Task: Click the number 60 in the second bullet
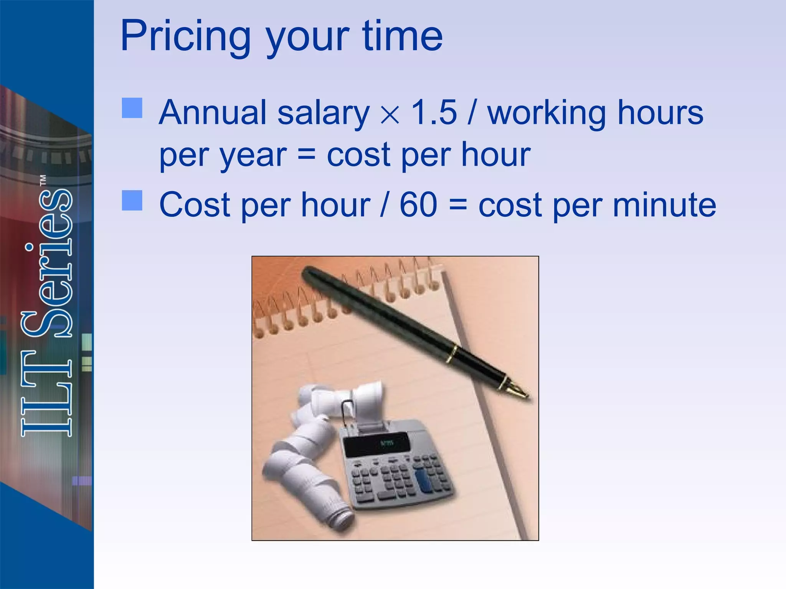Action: click(418, 205)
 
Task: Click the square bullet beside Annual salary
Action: click(132, 108)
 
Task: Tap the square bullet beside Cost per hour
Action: click(132, 200)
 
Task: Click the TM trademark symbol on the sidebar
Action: click(43, 181)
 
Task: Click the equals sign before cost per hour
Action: click(306, 155)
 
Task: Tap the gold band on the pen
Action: click(453, 354)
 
